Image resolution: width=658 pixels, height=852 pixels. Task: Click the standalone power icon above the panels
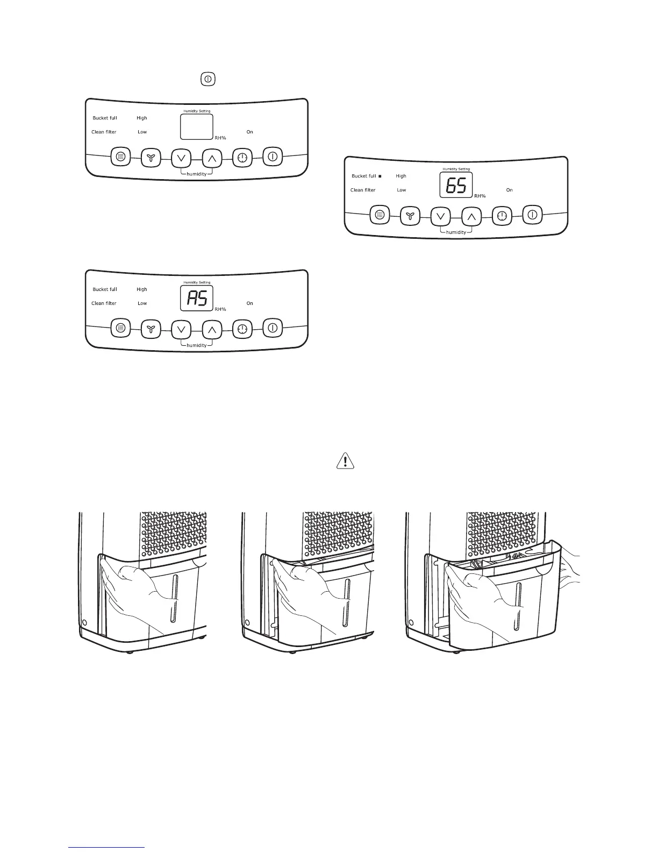pyautogui.click(x=208, y=79)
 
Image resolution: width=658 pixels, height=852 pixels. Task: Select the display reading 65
pyautogui.click(x=456, y=186)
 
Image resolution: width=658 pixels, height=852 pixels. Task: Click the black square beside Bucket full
pyautogui.click(x=380, y=176)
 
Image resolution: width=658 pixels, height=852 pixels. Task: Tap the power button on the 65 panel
pyautogui.click(x=533, y=215)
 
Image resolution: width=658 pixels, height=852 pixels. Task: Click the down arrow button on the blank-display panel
pyautogui.click(x=181, y=158)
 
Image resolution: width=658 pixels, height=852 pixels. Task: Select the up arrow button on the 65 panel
pyautogui.click(x=471, y=216)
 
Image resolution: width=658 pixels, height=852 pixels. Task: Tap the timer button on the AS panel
pyautogui.click(x=242, y=329)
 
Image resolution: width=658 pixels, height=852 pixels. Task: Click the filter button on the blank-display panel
pyautogui.click(x=120, y=158)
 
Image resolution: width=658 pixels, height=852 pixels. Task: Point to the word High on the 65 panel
pyautogui.click(x=401, y=176)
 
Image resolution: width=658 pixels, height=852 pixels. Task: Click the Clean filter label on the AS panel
pyautogui.click(x=104, y=303)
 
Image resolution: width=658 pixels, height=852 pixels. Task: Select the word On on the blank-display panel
pyautogui.click(x=250, y=132)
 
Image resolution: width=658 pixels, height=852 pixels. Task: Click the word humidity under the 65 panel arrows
pyautogui.click(x=456, y=232)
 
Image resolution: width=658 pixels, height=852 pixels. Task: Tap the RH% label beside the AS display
pyautogui.click(x=220, y=309)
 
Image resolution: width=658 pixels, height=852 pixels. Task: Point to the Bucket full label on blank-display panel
pyautogui.click(x=105, y=118)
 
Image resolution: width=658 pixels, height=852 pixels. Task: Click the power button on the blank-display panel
pyautogui.click(x=273, y=157)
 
